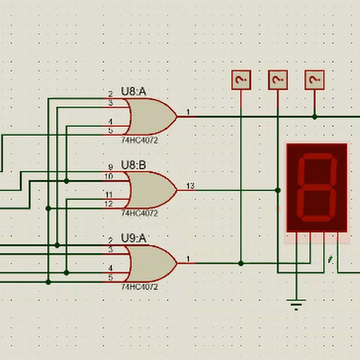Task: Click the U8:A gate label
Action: [x=134, y=92]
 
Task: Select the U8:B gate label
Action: [x=134, y=165]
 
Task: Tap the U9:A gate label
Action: [x=134, y=239]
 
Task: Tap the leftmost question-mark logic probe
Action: [x=241, y=80]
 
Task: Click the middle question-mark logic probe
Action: [x=278, y=80]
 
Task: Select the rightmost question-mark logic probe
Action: [x=314, y=80]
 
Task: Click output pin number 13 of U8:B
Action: [x=190, y=186]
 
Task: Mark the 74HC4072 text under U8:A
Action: [x=139, y=140]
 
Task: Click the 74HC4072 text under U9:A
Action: [x=139, y=287]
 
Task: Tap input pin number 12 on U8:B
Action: [x=109, y=204]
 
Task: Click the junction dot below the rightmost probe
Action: [x=314, y=117]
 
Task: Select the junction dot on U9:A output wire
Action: [x=241, y=263]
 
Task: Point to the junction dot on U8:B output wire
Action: [x=278, y=190]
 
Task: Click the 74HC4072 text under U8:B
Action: [x=139, y=214]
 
